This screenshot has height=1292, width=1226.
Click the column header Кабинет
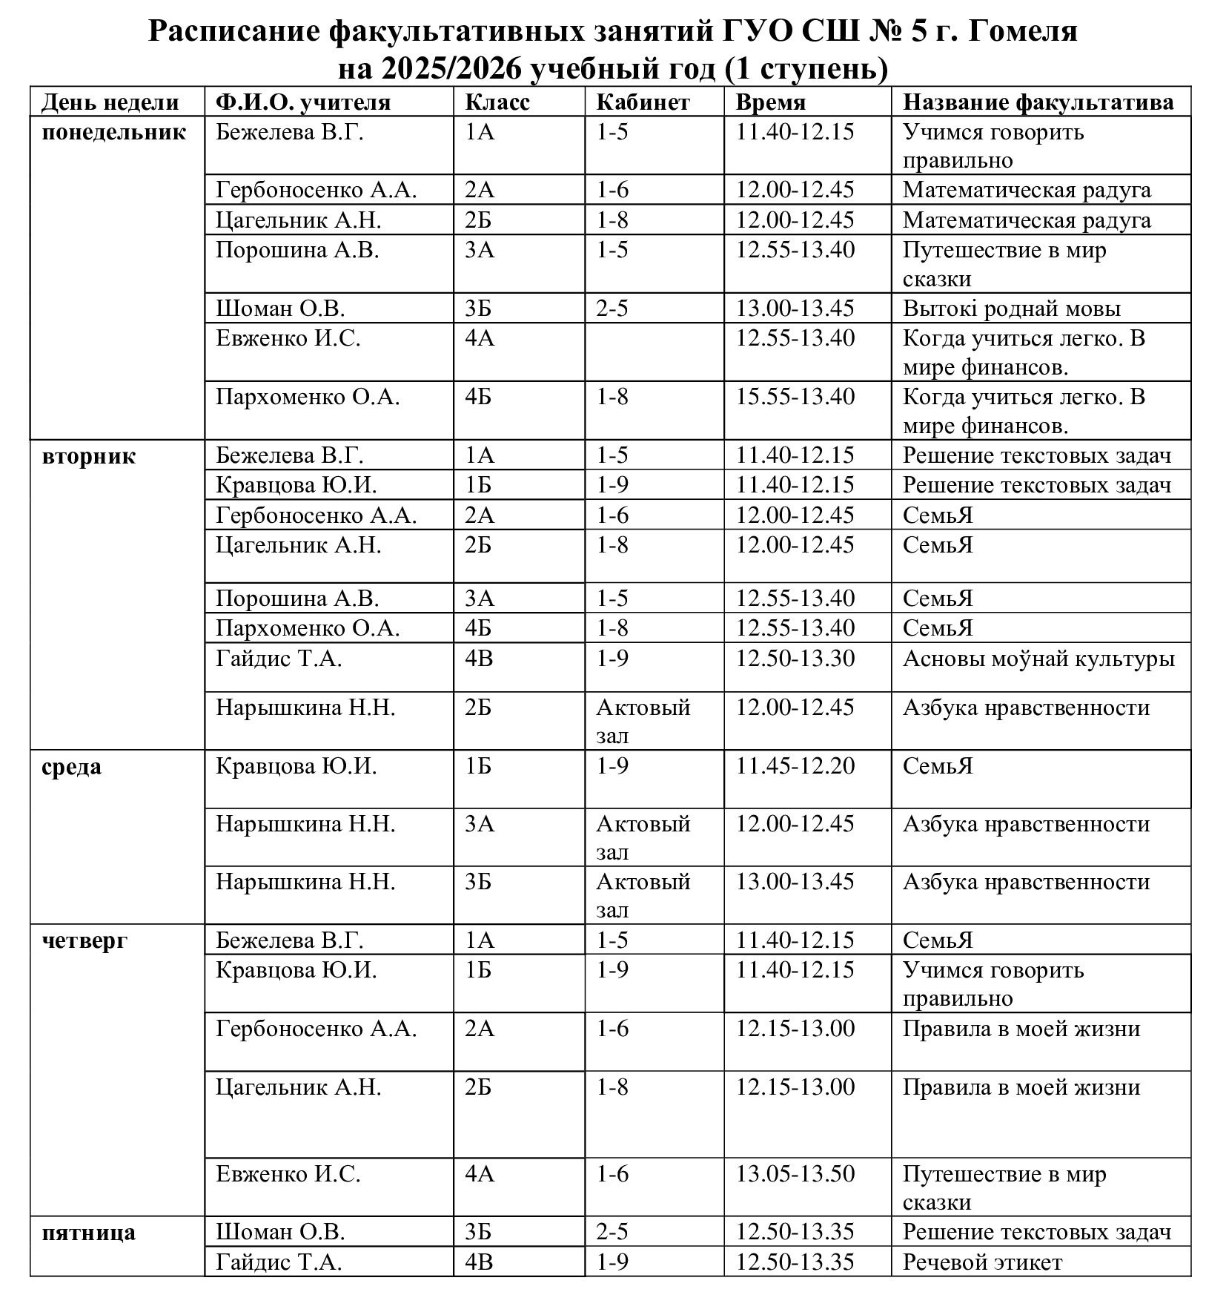[x=643, y=102]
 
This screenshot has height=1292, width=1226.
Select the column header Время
[x=770, y=102]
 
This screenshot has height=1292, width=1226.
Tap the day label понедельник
[x=113, y=133]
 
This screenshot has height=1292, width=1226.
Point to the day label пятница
[x=89, y=1232]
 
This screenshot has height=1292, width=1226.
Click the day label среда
[x=72, y=766]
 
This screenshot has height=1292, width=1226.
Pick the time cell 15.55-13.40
[x=795, y=397]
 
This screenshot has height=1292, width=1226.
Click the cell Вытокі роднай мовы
[x=1011, y=309]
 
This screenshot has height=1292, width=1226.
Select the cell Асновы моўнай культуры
[x=1038, y=659]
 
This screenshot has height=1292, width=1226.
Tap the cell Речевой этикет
[x=982, y=1262]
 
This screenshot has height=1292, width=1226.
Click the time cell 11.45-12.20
[x=795, y=765]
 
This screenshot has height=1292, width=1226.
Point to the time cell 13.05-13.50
[x=795, y=1174]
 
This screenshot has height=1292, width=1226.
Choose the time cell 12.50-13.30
[x=795, y=659]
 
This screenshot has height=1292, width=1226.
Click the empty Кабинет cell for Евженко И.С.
[x=654, y=352]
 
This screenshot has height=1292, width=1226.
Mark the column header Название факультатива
[x=1038, y=102]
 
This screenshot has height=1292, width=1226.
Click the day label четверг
[x=85, y=940]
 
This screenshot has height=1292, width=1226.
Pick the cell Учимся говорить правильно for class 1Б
[x=993, y=983]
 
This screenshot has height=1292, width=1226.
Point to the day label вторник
[x=89, y=455]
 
